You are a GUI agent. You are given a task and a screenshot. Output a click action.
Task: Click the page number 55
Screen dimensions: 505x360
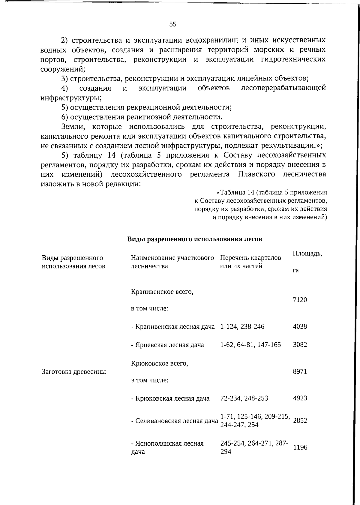pos(173,25)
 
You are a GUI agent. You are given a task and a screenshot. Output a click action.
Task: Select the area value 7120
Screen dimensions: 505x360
pos(300,300)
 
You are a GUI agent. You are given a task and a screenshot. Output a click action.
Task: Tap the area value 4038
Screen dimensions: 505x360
pos(300,326)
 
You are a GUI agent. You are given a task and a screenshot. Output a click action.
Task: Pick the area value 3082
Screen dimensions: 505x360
pos(300,344)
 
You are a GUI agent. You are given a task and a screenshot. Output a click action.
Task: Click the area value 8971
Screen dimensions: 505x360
pos(300,371)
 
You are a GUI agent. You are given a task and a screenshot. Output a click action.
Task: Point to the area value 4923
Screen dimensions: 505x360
pos(300,398)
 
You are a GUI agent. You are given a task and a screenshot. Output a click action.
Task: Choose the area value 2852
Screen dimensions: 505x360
pos(300,420)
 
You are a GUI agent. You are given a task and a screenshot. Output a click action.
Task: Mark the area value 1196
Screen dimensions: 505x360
pos(300,447)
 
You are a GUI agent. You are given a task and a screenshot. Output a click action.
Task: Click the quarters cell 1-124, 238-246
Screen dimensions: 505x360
pos(242,326)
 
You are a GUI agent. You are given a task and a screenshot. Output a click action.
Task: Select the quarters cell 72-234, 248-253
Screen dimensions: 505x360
pos(244,398)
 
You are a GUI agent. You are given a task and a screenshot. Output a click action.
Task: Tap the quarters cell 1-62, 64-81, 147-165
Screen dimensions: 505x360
pos(250,344)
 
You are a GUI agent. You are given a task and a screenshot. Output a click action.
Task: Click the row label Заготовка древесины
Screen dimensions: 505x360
pos(74,372)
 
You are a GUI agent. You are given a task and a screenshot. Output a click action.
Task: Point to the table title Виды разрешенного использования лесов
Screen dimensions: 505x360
pos(194,239)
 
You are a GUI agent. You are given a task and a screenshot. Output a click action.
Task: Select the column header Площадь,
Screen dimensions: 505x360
pos(307,254)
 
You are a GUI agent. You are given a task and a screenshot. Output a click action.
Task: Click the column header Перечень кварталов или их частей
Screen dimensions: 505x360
pos(250,262)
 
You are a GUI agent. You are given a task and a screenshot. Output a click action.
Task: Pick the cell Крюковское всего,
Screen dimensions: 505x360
pos(159,364)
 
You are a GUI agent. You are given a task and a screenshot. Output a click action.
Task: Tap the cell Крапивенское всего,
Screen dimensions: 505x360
pos(162,292)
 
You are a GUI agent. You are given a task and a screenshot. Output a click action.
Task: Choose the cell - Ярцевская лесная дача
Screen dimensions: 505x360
pos(167,345)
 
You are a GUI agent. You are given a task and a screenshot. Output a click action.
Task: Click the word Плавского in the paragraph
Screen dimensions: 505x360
pos(256,174)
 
